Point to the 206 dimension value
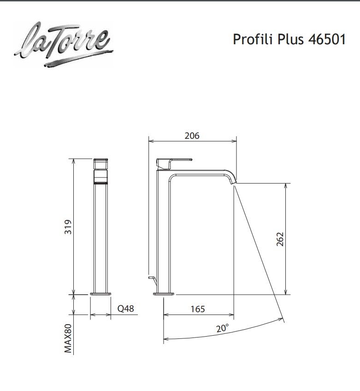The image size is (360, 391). pos(192,136)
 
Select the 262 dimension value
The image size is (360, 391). pos(281,239)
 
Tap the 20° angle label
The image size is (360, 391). pos(222,328)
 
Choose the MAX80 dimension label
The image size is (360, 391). pos(69,338)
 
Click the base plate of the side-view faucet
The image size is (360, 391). pos(164,294)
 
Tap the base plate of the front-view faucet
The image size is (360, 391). pos(101,294)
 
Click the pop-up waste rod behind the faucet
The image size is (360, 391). pos(151,278)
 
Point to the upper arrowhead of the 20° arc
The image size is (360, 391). pos(281,318)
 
